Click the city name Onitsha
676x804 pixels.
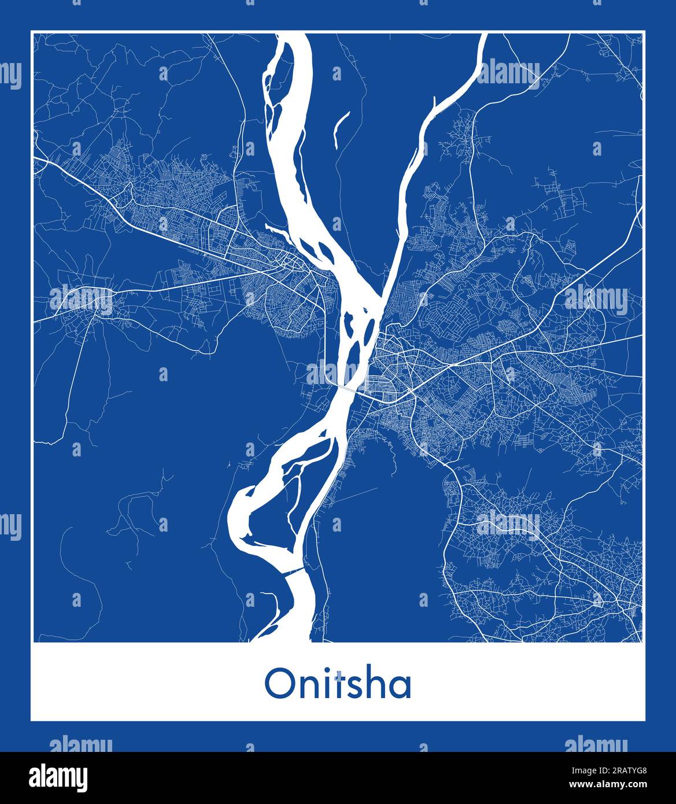tap(338, 684)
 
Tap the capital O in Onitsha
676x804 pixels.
tap(277, 685)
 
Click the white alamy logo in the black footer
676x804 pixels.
tap(60, 777)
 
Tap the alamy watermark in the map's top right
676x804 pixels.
tap(509, 72)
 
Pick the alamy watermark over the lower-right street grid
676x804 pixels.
tap(509, 525)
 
